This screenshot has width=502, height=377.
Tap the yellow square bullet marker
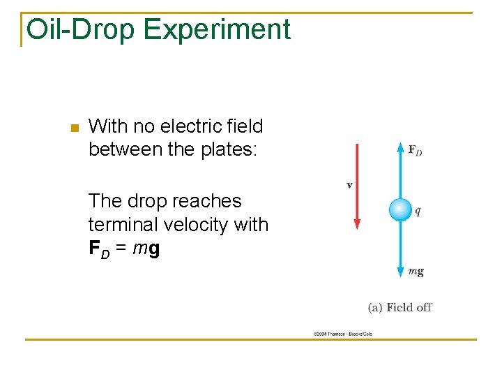point(75,128)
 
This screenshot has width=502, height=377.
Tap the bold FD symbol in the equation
point(99,249)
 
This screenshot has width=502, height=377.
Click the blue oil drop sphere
point(400,209)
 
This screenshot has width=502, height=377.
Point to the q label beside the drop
point(418,211)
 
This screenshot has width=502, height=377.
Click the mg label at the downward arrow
point(416,272)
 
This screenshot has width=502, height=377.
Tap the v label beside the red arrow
point(349,185)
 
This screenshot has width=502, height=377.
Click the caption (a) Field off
point(400,307)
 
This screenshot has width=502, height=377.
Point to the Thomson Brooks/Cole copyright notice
point(342,334)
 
